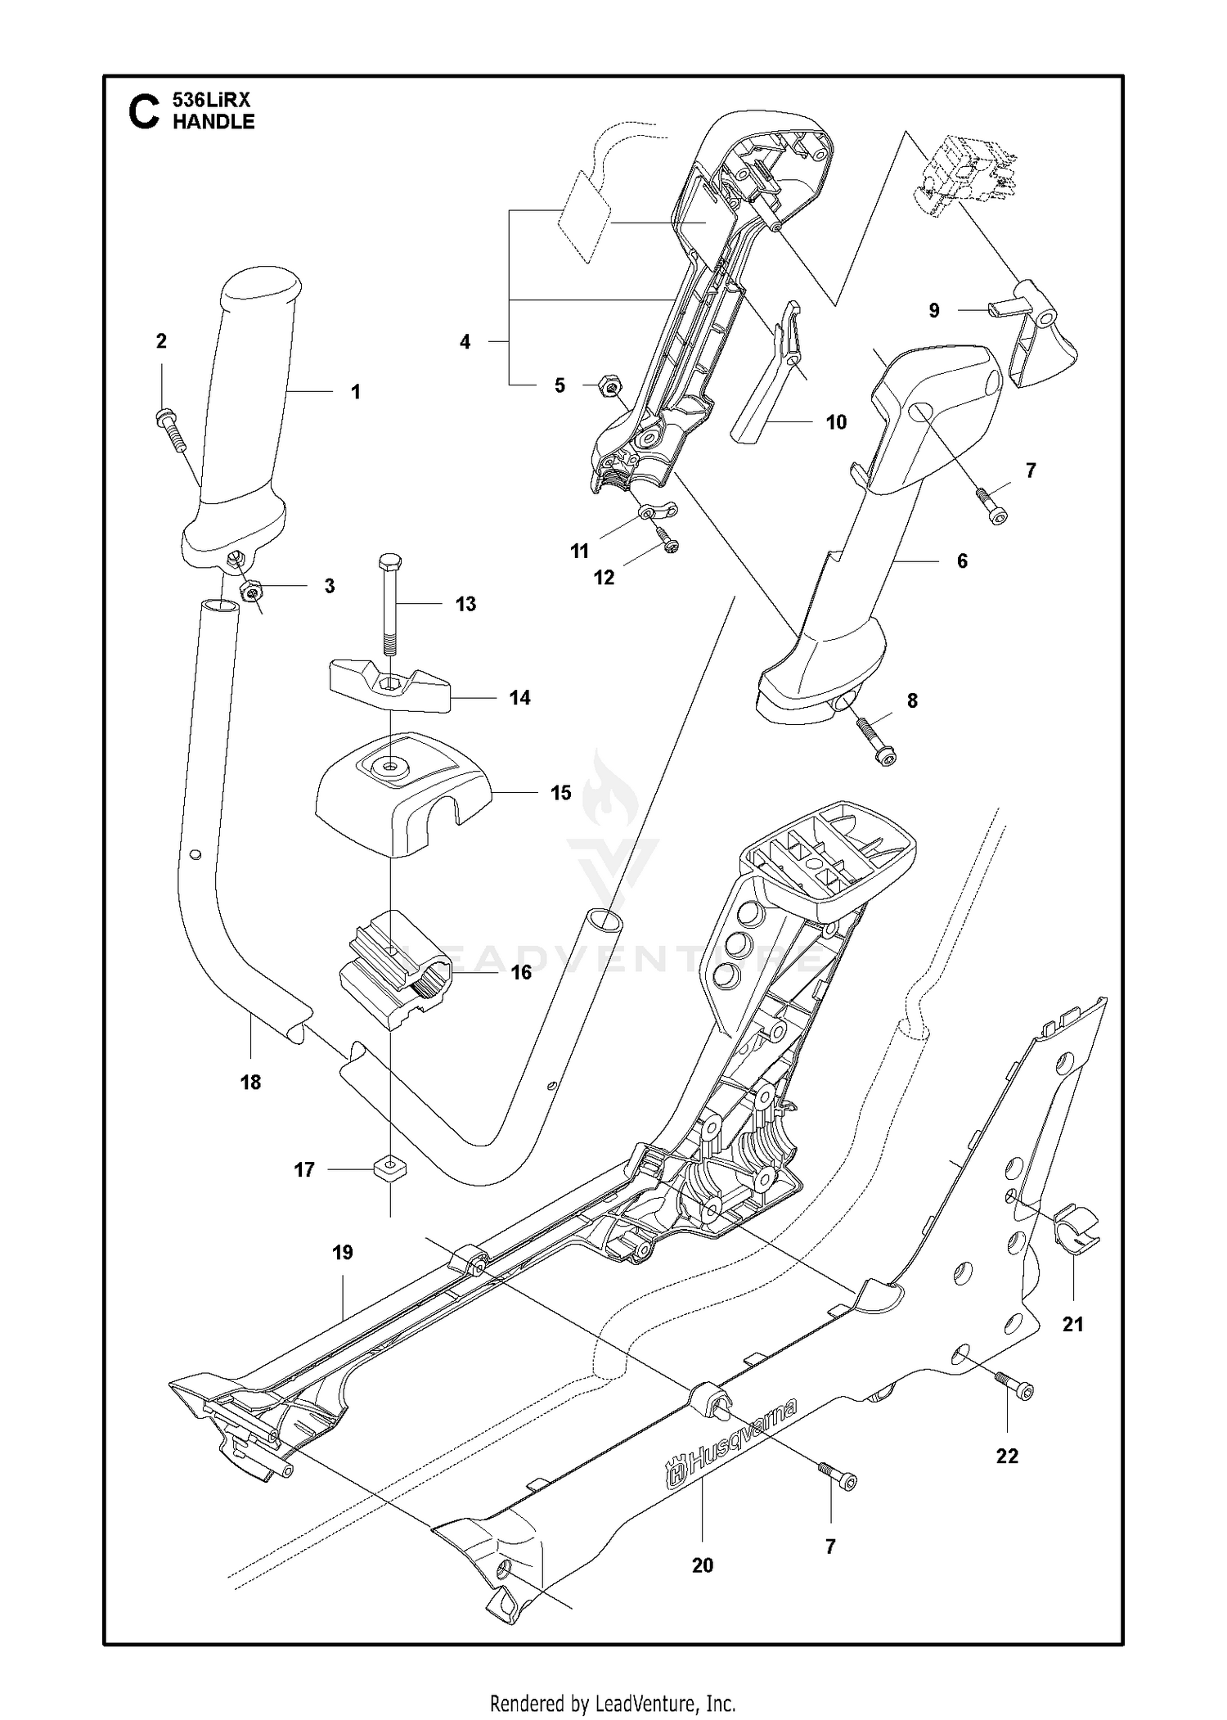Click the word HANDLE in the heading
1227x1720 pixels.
[x=213, y=122]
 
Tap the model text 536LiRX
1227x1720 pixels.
[x=211, y=100]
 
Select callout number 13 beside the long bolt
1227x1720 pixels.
[x=465, y=604]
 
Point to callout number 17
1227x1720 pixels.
[x=304, y=1170]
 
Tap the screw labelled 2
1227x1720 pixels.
[x=171, y=429]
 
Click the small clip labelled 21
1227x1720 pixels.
[x=1079, y=1228]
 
